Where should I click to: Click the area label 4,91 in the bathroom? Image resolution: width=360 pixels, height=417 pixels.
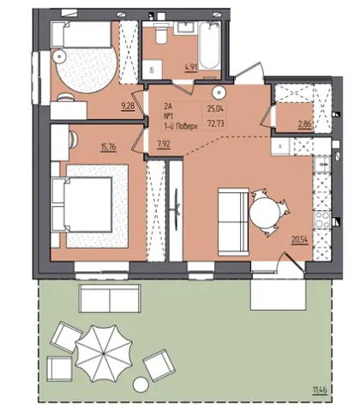pyautogui.click(x=191, y=68)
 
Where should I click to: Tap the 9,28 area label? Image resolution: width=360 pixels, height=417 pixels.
pyautogui.click(x=128, y=106)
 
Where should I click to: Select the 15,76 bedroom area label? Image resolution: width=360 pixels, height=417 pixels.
pyautogui.click(x=108, y=148)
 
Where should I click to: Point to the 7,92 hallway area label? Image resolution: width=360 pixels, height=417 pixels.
pyautogui.click(x=164, y=144)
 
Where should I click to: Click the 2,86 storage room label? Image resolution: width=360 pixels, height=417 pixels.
pyautogui.click(x=304, y=124)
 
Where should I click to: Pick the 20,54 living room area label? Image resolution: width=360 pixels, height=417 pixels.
pyautogui.click(x=300, y=240)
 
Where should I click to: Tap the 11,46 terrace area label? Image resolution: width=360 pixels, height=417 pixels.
pyautogui.click(x=320, y=390)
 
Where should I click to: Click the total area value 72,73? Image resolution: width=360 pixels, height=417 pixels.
pyautogui.click(x=216, y=124)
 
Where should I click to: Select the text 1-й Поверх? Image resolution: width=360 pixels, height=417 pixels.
pyautogui.click(x=181, y=126)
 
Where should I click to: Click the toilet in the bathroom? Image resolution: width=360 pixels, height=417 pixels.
pyautogui.click(x=161, y=33)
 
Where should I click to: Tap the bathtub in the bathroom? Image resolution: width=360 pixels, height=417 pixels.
pyautogui.click(x=209, y=45)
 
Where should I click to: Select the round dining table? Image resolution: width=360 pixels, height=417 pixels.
pyautogui.click(x=265, y=213)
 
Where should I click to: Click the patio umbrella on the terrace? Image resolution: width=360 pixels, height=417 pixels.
pyautogui.click(x=104, y=354)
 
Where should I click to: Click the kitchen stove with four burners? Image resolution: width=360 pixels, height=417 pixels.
pyautogui.click(x=322, y=220)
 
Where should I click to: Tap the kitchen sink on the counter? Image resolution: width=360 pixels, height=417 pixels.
pyautogui.click(x=322, y=165)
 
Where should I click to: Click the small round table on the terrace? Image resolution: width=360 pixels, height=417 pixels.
pyautogui.click(x=141, y=384)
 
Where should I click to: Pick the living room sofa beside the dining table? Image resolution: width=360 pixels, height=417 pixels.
pyautogui.click(x=233, y=221)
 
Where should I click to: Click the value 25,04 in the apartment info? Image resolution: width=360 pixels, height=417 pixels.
pyautogui.click(x=216, y=109)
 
